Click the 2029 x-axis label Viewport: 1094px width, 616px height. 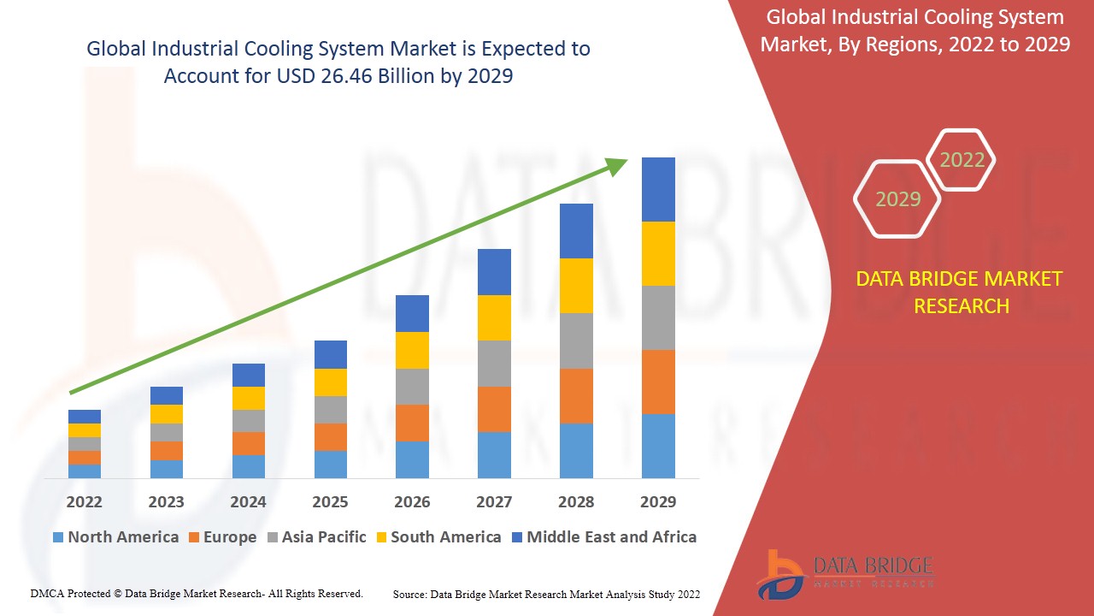[658, 501]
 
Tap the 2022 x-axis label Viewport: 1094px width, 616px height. [84, 501]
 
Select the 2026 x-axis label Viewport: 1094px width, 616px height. [412, 501]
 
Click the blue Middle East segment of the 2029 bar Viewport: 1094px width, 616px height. [658, 189]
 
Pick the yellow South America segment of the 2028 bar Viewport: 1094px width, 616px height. [576, 285]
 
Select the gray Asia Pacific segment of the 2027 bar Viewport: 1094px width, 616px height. [494, 364]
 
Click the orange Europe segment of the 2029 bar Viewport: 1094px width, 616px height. [658, 382]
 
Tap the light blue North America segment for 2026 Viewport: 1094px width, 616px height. [412, 459]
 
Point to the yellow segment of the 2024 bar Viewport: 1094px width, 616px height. [249, 398]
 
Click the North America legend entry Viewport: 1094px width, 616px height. [115, 537]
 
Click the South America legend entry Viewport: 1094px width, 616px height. [438, 537]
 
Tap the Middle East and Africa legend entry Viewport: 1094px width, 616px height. [603, 537]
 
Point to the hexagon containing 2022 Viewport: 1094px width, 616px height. [962, 160]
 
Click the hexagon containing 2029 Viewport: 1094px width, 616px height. [897, 199]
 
